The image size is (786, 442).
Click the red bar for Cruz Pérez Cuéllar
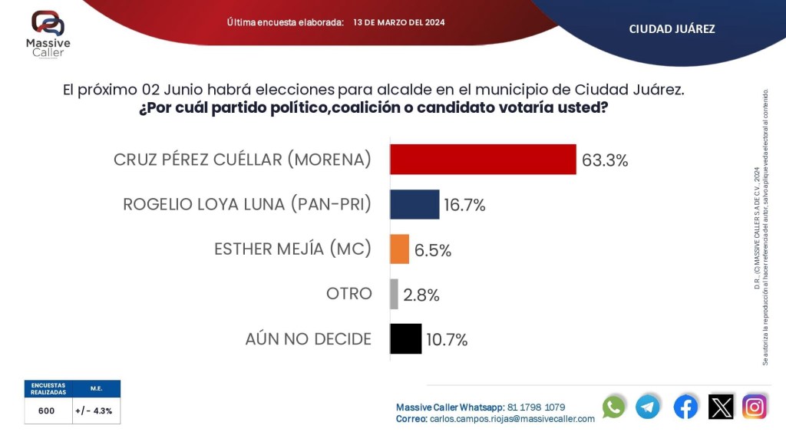pos(483,160)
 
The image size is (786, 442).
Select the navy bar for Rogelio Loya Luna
pos(414,204)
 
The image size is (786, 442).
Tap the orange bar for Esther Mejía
pos(399,249)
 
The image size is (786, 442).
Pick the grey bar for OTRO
pos(394,294)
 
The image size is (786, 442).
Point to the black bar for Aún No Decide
pos(405,338)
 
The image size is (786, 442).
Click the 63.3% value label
pos(606,160)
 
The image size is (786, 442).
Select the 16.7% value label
pos(464,205)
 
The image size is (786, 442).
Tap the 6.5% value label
pos(433,250)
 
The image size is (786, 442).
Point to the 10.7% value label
pos(447,340)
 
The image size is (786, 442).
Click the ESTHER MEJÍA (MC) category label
pos(292,249)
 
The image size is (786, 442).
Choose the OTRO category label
pos(348,294)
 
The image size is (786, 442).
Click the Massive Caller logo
pos(48,33)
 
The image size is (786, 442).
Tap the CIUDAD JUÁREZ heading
pos(672,29)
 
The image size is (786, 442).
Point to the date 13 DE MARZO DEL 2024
pos(399,22)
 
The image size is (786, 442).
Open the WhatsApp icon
pos(614,407)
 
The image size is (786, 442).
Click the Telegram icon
pos(648,407)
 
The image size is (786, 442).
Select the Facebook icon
pos(685,407)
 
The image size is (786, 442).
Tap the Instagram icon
pos(755,407)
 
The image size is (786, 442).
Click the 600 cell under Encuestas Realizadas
pos(47,411)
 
